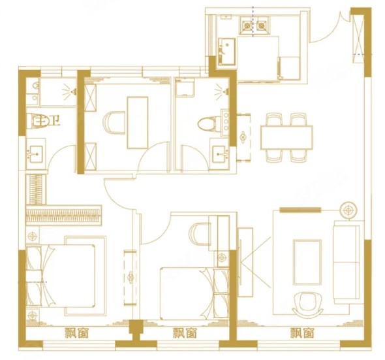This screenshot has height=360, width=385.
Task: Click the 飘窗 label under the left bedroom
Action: tap(76, 333)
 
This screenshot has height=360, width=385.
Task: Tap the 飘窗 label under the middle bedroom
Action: tap(185, 333)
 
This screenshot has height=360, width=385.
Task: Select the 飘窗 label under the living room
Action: tap(302, 333)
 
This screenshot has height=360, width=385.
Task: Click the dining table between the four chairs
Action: tap(286, 137)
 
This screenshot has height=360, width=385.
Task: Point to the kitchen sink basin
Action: tap(227, 52)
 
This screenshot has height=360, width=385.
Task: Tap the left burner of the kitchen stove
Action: tap(247, 25)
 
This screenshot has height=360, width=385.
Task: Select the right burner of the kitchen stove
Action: tap(261, 25)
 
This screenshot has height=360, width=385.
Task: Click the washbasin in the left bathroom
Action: tap(36, 154)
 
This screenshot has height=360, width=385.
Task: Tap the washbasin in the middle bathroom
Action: tap(219, 154)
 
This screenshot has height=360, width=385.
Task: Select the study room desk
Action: tap(137, 123)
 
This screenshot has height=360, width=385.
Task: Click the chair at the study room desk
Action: tap(114, 123)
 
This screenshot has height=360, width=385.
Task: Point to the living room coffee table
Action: tap(307, 262)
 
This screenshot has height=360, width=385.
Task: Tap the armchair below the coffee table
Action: tap(308, 304)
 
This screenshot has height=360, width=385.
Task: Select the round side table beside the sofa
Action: tap(348, 211)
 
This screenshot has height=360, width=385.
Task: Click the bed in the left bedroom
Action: tap(61, 276)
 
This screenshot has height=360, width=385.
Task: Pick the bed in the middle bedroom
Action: tap(194, 293)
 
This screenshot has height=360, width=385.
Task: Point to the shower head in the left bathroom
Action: tap(70, 92)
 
